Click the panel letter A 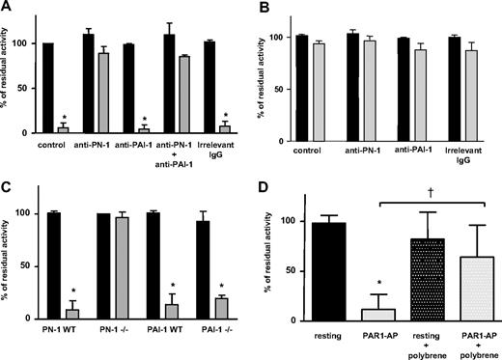[8, 8]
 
